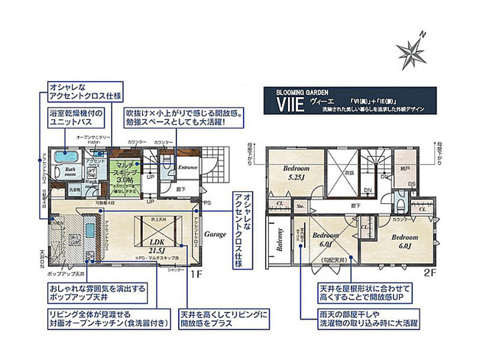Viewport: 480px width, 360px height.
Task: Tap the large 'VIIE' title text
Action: pyautogui.click(x=289, y=103)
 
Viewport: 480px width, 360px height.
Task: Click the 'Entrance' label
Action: pyautogui.click(x=189, y=166)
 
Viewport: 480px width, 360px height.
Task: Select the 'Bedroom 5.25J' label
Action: pyautogui.click(x=301, y=172)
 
